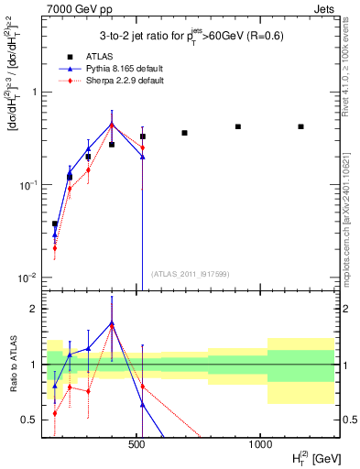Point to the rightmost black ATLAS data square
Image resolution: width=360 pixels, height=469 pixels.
pyautogui.click(x=300, y=126)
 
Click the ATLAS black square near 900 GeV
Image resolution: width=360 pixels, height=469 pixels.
pyautogui.click(x=238, y=126)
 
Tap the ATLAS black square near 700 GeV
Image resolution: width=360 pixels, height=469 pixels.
pyautogui.click(x=184, y=133)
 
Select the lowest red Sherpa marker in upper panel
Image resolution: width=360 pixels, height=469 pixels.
pyautogui.click(x=55, y=247)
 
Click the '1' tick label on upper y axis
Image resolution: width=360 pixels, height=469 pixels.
pyautogui.click(x=35, y=93)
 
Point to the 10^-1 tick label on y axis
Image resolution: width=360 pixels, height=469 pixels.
pyautogui.click(x=30, y=185)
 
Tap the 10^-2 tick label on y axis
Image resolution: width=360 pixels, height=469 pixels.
pyautogui.click(x=30, y=278)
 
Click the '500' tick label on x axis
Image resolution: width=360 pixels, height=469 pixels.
pyautogui.click(x=137, y=443)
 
